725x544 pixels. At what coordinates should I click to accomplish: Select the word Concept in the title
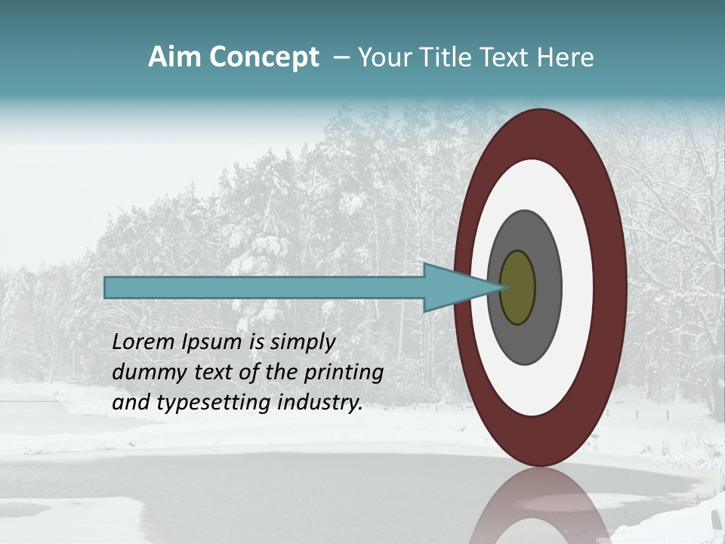pyautogui.click(x=264, y=57)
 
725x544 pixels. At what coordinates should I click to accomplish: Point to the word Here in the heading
pyautogui.click(x=566, y=57)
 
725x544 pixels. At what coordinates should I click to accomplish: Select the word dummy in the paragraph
pyautogui.click(x=143, y=372)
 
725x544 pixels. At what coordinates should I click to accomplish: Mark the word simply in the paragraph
pyautogui.click(x=302, y=342)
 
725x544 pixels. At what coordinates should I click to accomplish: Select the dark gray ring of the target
pyautogui.click(x=547, y=287)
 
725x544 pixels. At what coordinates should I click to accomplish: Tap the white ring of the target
pyautogui.click(x=577, y=287)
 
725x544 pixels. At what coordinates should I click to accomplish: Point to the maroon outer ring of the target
pyautogui.click(x=610, y=287)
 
